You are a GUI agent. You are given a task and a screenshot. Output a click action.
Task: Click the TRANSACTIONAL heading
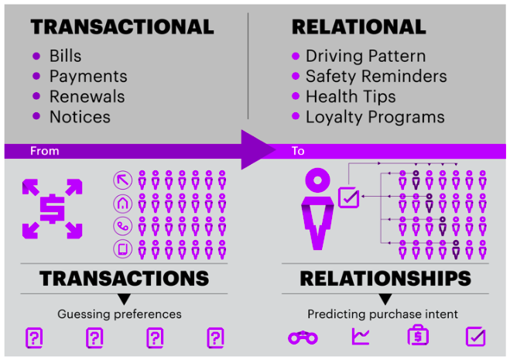pyautogui.click(x=122, y=27)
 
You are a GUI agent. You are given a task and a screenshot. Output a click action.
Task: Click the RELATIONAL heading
pyautogui.click(x=358, y=27)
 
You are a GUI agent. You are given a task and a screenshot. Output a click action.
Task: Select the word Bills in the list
pyautogui.click(x=65, y=56)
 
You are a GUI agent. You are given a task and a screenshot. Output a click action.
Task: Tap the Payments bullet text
pyautogui.click(x=88, y=76)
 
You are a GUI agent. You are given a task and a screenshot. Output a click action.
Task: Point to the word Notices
pyautogui.click(x=80, y=117)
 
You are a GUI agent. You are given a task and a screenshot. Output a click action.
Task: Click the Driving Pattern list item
pyautogui.click(x=365, y=56)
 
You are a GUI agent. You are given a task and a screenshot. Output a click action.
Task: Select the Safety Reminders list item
pyautogui.click(x=376, y=76)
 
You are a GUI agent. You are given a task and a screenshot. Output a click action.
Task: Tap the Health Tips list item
pyautogui.click(x=351, y=97)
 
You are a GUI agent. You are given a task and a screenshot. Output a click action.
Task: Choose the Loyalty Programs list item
pyautogui.click(x=375, y=117)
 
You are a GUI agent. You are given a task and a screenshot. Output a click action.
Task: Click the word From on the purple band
pyautogui.click(x=44, y=151)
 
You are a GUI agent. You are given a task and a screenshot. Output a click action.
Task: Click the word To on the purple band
pyautogui.click(x=298, y=151)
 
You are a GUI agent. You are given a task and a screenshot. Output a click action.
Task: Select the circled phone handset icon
pyautogui.click(x=122, y=226)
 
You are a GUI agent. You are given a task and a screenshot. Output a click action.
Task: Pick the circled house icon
pyautogui.click(x=122, y=204)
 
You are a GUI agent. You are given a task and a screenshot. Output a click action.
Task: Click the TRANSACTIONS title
pyautogui.click(x=124, y=279)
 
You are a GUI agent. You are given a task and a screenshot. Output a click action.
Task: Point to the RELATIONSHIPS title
pyautogui.click(x=385, y=279)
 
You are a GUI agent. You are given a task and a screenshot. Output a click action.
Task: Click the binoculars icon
pyautogui.click(x=303, y=338)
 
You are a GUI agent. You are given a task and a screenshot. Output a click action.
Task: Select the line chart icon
pyautogui.click(x=361, y=337)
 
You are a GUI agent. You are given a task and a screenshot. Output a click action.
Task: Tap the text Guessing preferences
pyautogui.click(x=119, y=314)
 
